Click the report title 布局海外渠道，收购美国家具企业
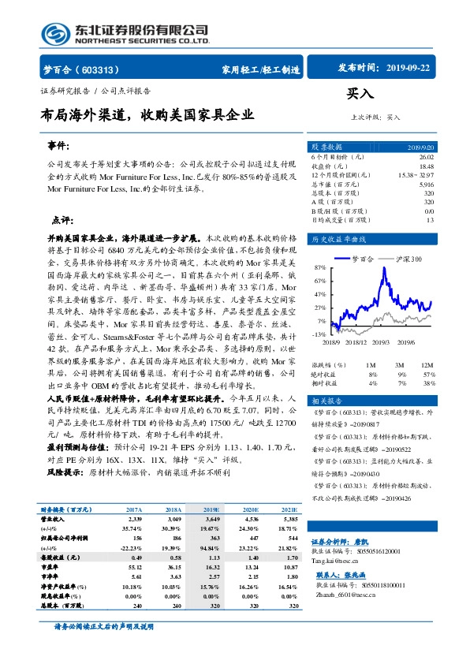point(147,115)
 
